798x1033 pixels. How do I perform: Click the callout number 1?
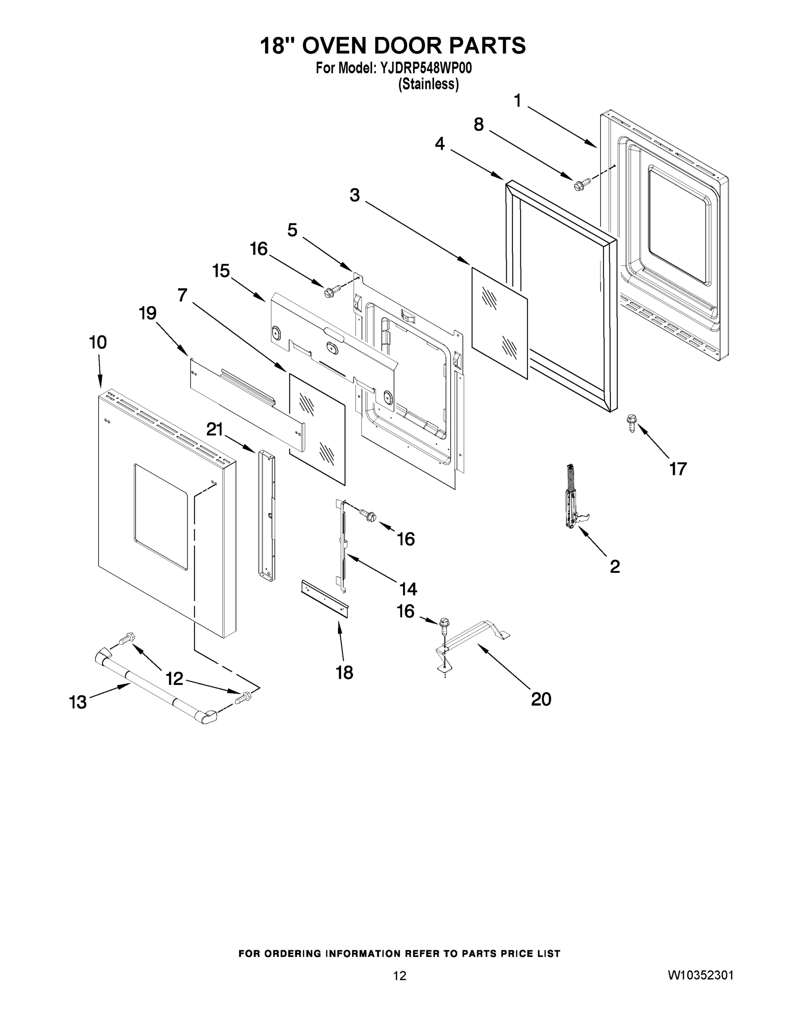click(517, 101)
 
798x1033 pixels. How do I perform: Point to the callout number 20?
click(541, 699)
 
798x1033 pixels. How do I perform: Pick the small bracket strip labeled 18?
click(325, 599)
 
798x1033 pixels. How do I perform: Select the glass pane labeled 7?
click(317, 429)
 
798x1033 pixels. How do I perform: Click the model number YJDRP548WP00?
click(426, 69)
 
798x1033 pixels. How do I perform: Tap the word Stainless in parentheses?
click(428, 84)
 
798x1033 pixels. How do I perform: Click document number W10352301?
click(700, 975)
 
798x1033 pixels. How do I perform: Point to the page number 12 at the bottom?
click(400, 976)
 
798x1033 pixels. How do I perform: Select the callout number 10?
click(98, 343)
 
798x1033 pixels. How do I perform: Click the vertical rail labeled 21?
click(266, 516)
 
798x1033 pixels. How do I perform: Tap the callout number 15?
click(221, 272)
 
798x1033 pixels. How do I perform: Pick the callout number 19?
click(148, 312)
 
